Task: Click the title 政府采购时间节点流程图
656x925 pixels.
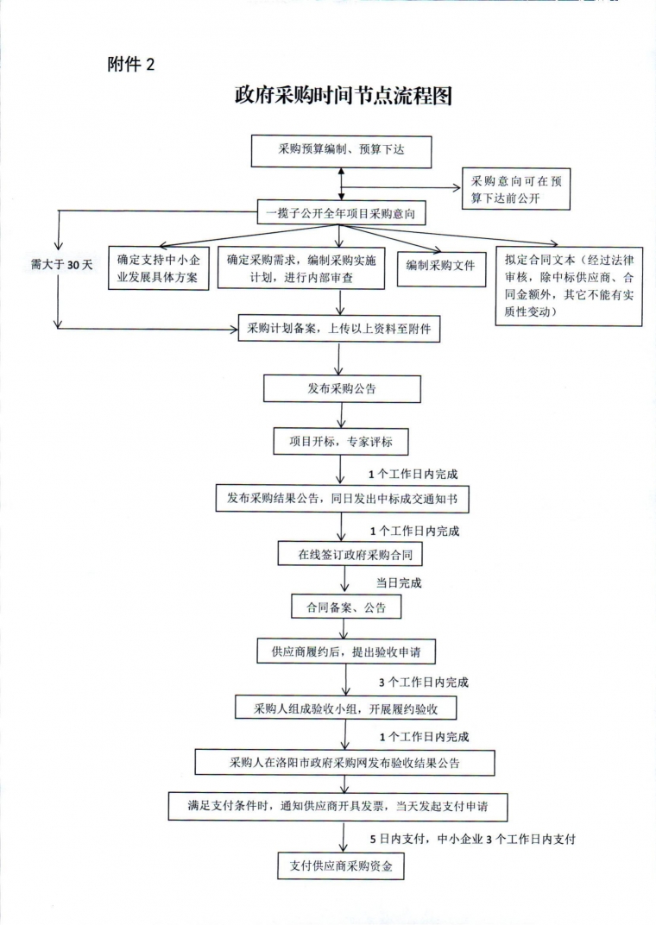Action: click(344, 95)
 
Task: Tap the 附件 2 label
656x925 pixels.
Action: click(131, 64)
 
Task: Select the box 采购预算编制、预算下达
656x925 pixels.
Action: click(341, 151)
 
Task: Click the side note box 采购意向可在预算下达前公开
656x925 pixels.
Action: click(515, 189)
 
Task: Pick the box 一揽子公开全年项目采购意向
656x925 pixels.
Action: click(341, 213)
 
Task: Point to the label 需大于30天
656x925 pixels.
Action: click(62, 265)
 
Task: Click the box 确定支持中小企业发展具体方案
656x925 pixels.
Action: click(158, 268)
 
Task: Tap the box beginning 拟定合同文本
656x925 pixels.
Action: click(569, 286)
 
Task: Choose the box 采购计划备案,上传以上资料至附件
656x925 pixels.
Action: click(338, 329)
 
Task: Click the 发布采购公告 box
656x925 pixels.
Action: click(342, 389)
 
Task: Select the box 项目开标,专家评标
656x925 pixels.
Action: click(340, 441)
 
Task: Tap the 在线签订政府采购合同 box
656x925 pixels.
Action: click(350, 554)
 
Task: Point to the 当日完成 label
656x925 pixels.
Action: click(399, 582)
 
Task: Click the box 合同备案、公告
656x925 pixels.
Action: click(346, 607)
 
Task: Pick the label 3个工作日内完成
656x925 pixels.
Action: click(424, 682)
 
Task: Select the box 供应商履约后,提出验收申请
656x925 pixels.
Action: click(346, 651)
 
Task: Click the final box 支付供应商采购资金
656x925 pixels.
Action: click(340, 866)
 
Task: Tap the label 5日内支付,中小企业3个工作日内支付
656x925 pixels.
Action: click(472, 839)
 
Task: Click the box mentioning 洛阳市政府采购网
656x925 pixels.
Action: click(344, 762)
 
